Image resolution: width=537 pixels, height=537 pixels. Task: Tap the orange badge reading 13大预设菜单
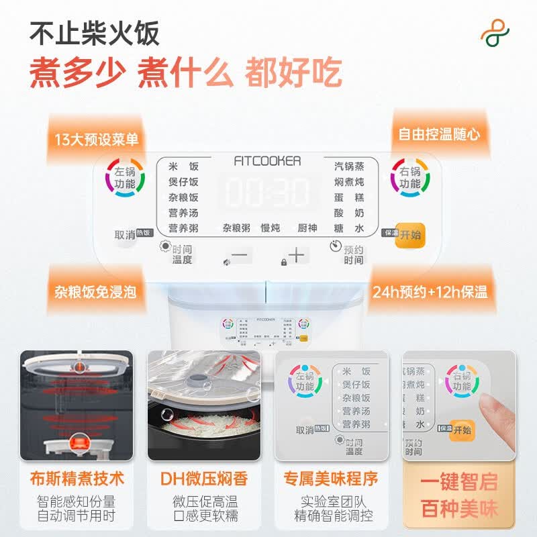click(x=97, y=139)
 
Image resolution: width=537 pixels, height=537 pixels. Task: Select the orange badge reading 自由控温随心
click(x=440, y=134)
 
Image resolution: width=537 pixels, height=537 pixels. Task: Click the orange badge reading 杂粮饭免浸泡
click(x=95, y=292)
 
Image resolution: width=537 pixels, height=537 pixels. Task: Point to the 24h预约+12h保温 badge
click(x=440, y=292)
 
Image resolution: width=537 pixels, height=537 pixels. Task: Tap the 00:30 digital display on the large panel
click(x=268, y=191)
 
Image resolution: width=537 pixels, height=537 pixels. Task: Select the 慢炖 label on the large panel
click(x=270, y=228)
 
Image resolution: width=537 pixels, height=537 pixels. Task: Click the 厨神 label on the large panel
click(x=307, y=228)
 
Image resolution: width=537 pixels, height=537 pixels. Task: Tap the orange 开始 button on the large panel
click(x=410, y=234)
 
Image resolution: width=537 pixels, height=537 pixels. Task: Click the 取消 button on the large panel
click(x=125, y=235)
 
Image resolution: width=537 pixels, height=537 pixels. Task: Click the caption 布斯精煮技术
click(x=77, y=479)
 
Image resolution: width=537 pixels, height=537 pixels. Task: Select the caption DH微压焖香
click(x=204, y=479)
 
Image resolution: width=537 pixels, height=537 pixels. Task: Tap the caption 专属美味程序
click(x=331, y=479)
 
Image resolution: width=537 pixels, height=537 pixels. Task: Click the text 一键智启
click(x=459, y=482)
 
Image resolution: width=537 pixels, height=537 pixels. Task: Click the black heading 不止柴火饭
click(x=95, y=33)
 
